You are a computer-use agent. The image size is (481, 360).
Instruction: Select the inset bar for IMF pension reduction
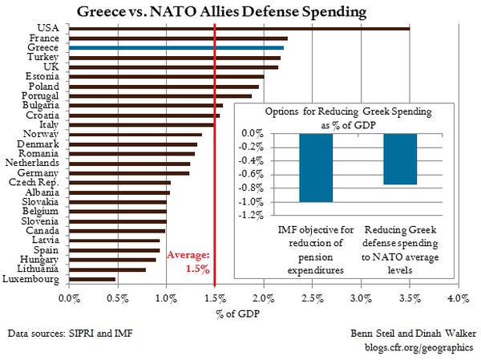point(315,168)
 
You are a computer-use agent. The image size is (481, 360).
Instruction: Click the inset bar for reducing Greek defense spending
point(400,159)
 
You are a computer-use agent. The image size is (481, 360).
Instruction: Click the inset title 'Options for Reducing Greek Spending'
point(358,112)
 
